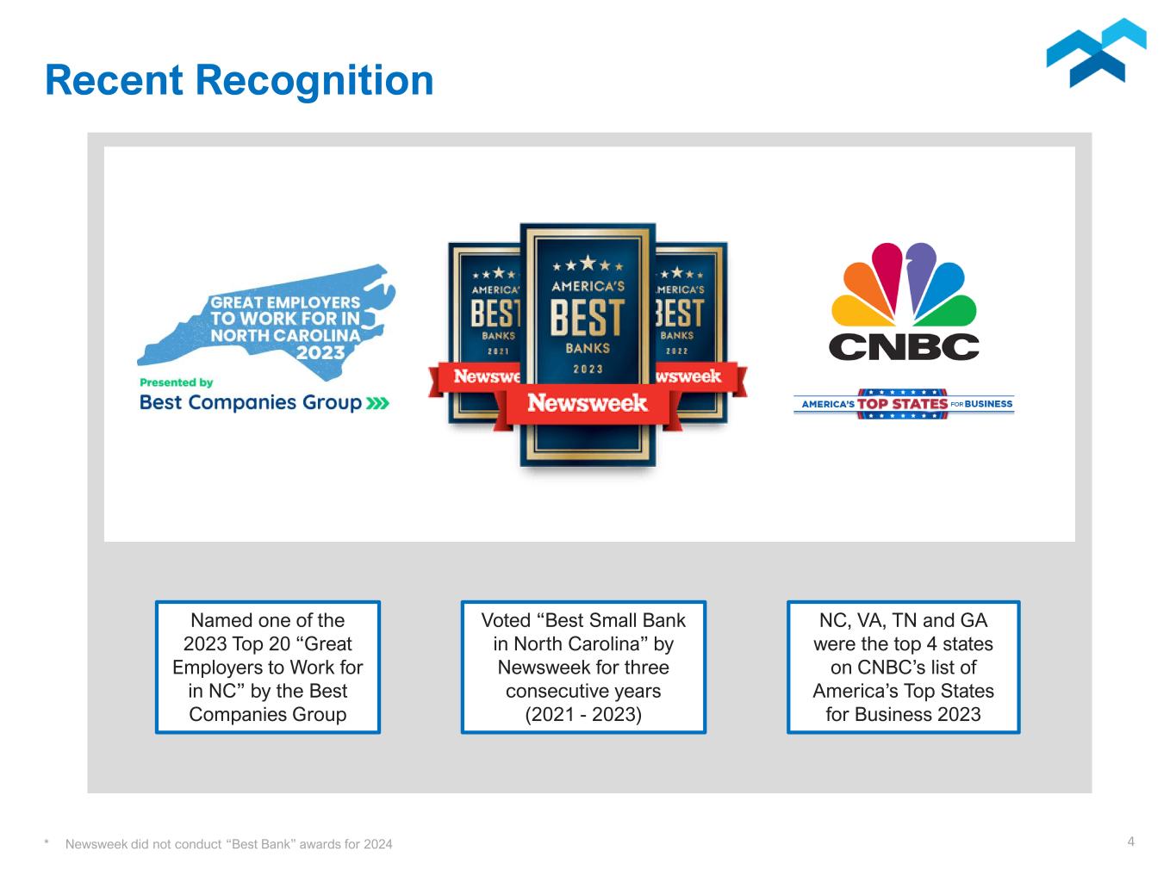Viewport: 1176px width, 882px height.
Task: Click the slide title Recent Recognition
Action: click(239, 80)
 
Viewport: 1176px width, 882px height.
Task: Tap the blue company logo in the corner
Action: click(1096, 53)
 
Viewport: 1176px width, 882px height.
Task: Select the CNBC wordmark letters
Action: click(904, 346)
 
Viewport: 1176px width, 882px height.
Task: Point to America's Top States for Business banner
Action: click(904, 403)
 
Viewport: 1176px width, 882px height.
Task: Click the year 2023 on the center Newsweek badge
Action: click(588, 369)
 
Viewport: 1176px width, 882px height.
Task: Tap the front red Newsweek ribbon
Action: click(588, 403)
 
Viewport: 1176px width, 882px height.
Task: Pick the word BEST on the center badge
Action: click(588, 317)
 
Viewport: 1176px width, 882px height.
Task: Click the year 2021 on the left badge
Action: click(498, 351)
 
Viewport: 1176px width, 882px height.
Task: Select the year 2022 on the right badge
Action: click(677, 351)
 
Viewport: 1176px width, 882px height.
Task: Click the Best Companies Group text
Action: click(251, 402)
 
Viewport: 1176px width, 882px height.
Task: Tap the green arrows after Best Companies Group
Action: click(377, 403)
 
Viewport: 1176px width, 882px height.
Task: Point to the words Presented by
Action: click(176, 382)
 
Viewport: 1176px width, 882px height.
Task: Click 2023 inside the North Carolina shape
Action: click(320, 352)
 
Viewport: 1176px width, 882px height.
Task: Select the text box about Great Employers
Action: click(268, 668)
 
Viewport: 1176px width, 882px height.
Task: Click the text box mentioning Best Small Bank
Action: click(583, 668)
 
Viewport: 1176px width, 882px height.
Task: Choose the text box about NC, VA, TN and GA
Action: click(903, 668)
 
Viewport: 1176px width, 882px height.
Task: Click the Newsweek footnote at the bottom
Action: click(228, 844)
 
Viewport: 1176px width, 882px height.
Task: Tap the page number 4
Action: click(1131, 842)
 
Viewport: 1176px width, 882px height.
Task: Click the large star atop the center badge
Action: click(588, 262)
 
